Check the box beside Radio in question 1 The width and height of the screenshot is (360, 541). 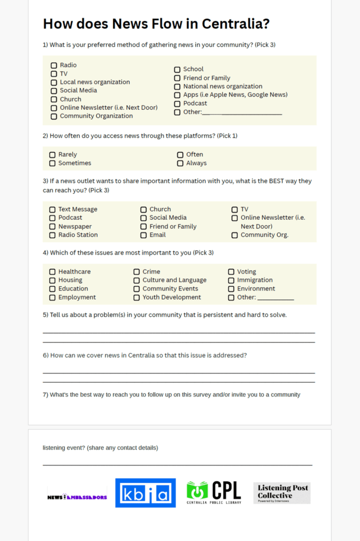tap(54, 66)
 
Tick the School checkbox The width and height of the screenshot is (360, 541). tap(177, 69)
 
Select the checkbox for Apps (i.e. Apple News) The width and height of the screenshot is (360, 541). tap(177, 95)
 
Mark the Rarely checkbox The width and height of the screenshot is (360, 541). tap(52, 155)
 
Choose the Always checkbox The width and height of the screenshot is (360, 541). tap(180, 163)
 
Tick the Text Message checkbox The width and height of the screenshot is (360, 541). tap(52, 209)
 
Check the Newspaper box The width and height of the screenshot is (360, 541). tap(52, 227)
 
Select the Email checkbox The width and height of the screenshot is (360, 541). tap(144, 235)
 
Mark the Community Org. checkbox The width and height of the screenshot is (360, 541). tap(234, 235)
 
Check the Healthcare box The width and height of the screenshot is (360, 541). tap(52, 272)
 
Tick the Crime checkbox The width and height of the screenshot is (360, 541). tap(136, 272)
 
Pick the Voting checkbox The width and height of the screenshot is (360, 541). tap(231, 272)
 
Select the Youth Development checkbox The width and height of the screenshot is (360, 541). tap(136, 297)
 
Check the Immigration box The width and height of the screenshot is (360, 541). tap(231, 280)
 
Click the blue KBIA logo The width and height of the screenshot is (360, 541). tap(145, 493)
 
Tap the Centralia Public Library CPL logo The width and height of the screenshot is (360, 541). tap(214, 492)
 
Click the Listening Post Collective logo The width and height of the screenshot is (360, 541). tap(282, 493)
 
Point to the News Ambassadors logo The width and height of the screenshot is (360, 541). tap(77, 497)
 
